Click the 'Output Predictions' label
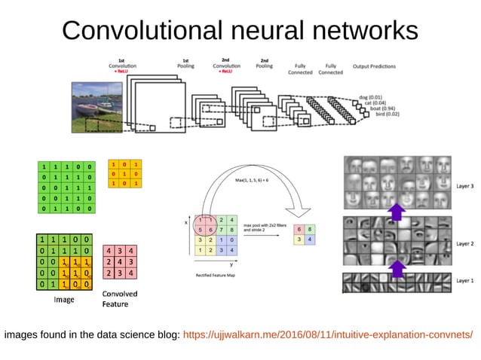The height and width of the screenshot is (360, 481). pyautogui.click(x=374, y=66)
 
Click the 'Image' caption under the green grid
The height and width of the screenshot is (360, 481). pyautogui.click(x=63, y=299)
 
